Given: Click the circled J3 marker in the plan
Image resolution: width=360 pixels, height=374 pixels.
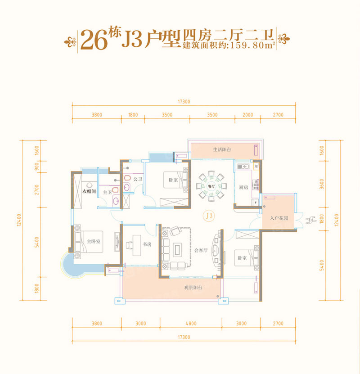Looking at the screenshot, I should coord(208,216).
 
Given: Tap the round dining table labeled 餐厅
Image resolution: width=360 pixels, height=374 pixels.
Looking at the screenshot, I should coord(211,185).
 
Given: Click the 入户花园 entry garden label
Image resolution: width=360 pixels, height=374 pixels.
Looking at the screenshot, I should coord(279,218).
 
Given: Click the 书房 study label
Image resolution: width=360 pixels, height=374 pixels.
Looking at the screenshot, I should coord(147,245).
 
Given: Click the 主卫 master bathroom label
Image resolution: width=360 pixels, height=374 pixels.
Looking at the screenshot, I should coord(108,192).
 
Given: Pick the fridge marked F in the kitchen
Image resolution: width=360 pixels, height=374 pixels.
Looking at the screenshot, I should coord(256,203).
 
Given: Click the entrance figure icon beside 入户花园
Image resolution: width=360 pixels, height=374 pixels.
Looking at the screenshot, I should coord(310,220).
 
